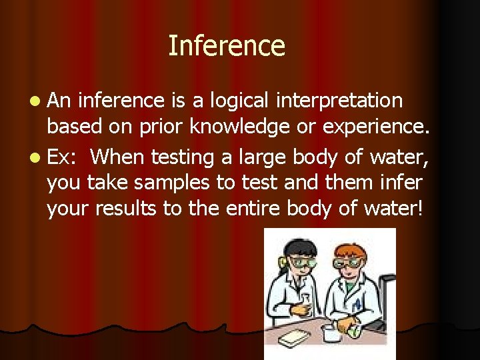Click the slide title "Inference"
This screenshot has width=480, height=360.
[x=227, y=46]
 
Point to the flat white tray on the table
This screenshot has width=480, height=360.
[x=293, y=339]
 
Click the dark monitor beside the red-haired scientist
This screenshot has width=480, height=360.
[x=387, y=293]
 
